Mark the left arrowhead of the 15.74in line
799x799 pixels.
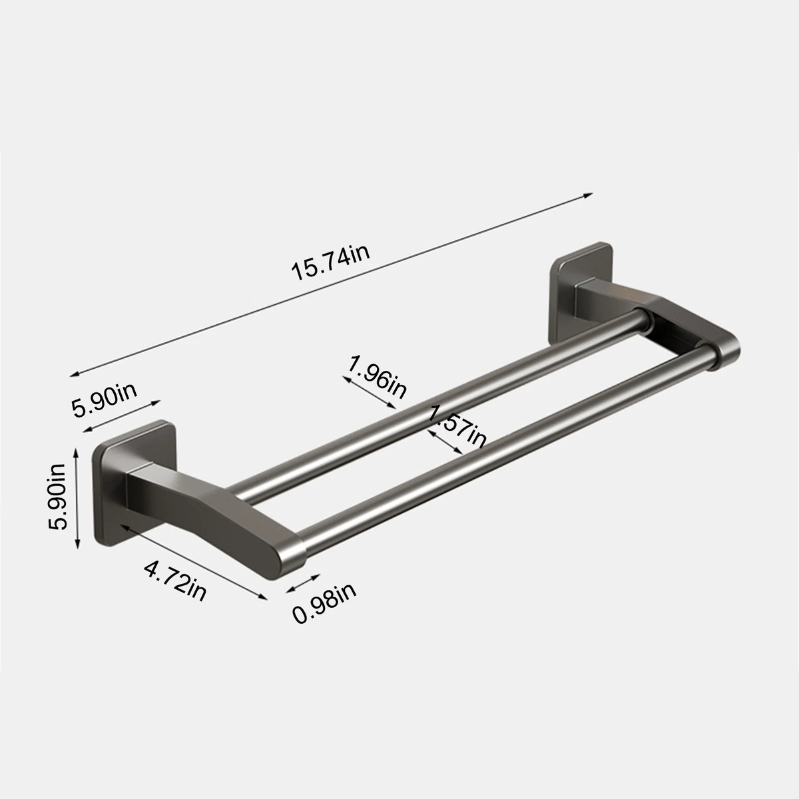tap(75, 374)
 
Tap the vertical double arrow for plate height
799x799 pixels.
tap(78, 499)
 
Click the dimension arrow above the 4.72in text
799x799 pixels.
tap(192, 561)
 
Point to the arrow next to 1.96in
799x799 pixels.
tap(368, 394)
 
